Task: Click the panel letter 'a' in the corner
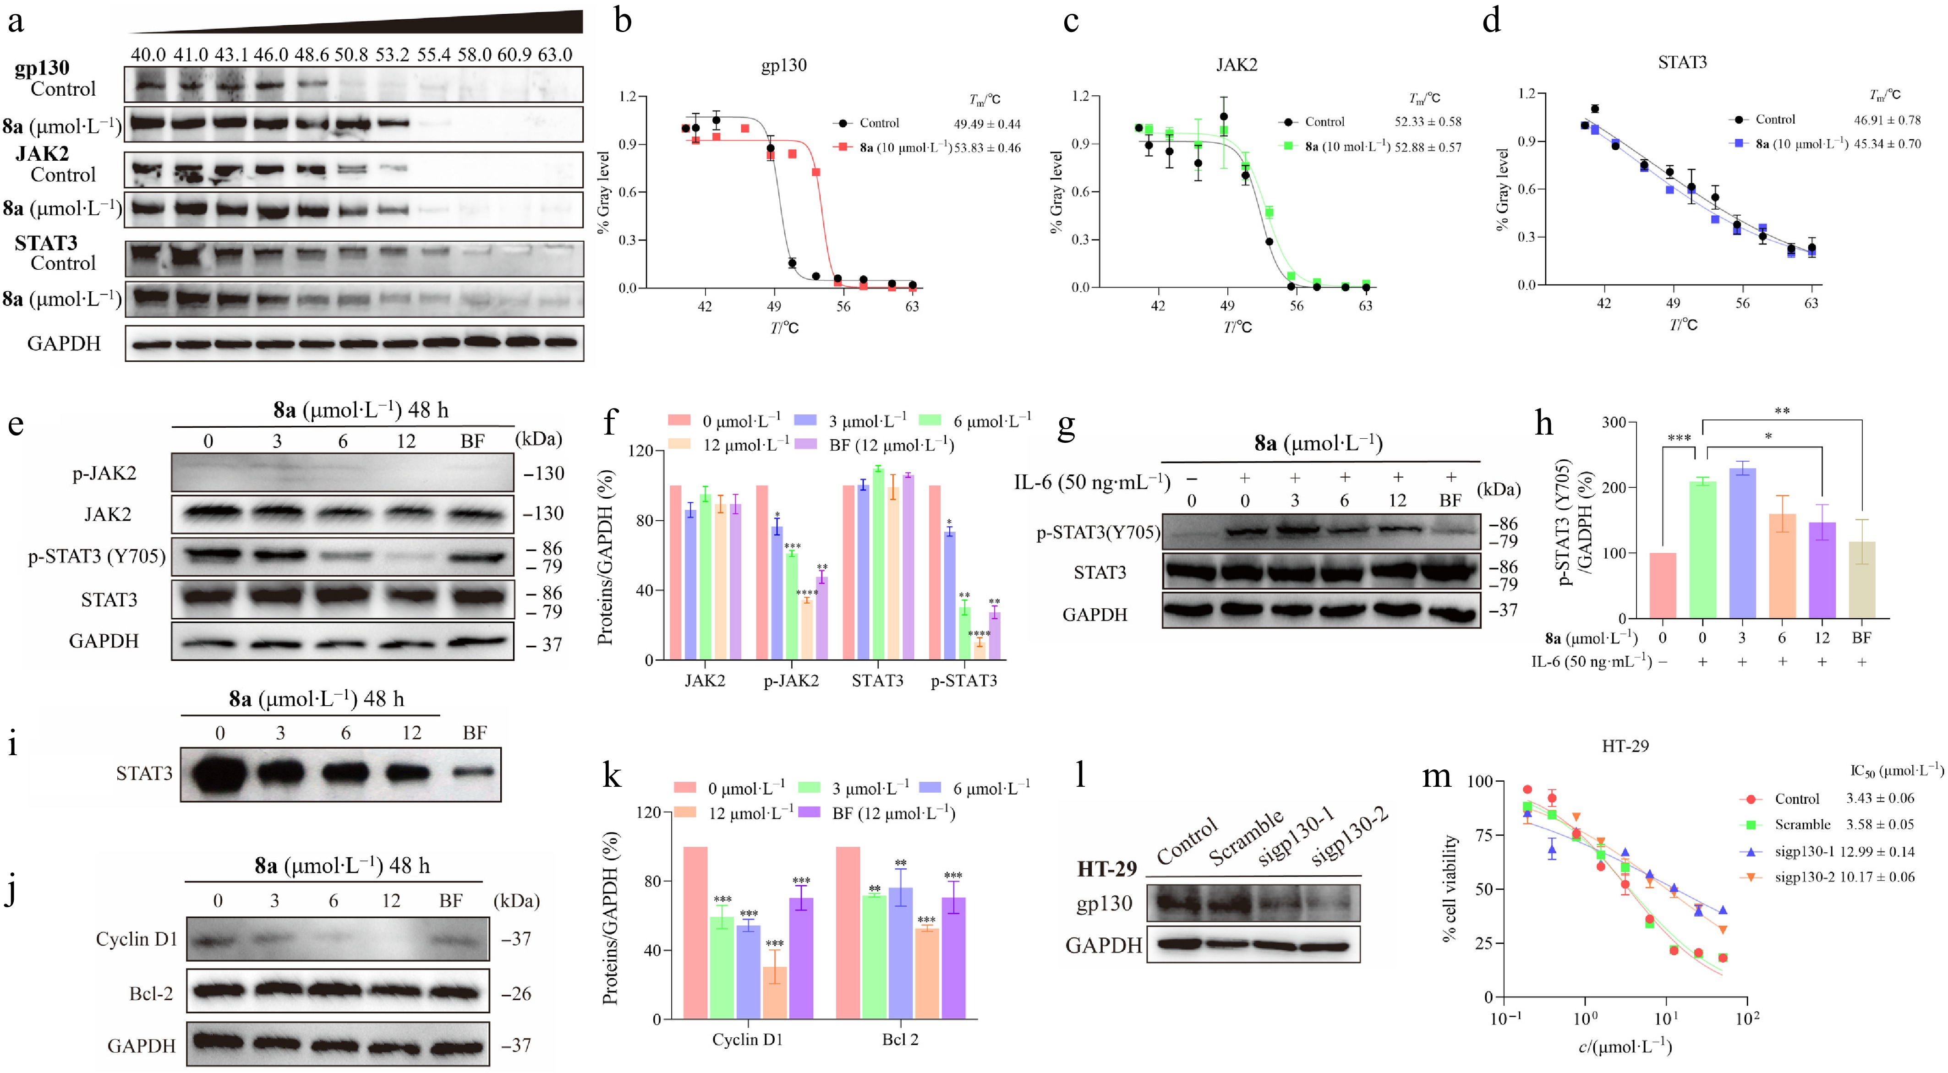pos(15,21)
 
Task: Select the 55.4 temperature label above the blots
pos(433,54)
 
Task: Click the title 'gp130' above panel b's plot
pos(783,65)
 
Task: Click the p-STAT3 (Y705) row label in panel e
pos(97,556)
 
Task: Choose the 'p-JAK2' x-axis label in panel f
pos(791,681)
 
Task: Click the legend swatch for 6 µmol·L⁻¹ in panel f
pos(930,420)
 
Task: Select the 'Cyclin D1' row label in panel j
pos(136,939)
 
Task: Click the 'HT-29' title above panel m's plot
pos(1625,746)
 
